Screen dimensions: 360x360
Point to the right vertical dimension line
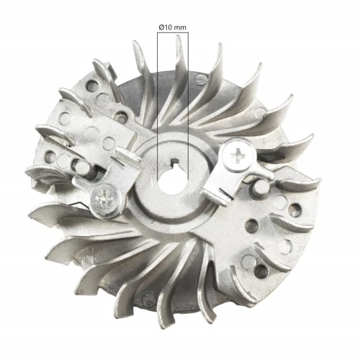pos(188,108)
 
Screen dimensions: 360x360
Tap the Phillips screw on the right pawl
pos(237,154)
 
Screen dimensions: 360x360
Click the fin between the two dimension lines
pos(174,86)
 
